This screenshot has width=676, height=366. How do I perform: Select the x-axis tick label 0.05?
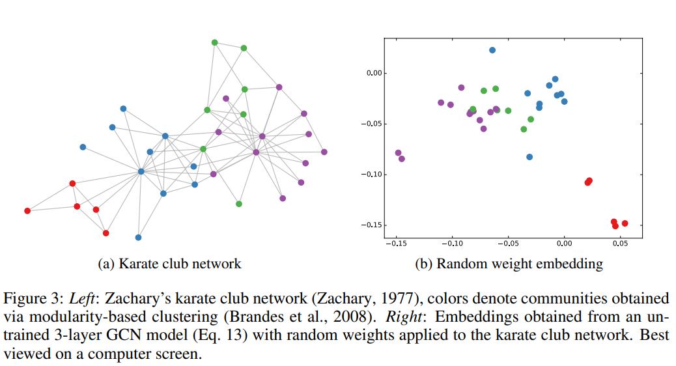[620, 244]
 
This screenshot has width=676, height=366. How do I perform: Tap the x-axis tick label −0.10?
[451, 244]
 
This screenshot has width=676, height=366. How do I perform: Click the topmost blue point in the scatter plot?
[492, 50]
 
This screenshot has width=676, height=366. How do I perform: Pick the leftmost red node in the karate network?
[27, 211]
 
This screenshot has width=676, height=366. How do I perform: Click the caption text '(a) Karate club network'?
[169, 264]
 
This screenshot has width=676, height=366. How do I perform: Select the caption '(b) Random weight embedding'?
[509, 264]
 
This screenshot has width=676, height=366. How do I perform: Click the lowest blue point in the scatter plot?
[529, 157]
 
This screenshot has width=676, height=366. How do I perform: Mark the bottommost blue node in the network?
[138, 238]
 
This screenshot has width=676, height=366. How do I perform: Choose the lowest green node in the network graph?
[239, 204]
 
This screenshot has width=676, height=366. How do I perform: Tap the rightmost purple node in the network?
[324, 152]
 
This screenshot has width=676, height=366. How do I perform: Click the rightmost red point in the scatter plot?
[625, 223]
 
